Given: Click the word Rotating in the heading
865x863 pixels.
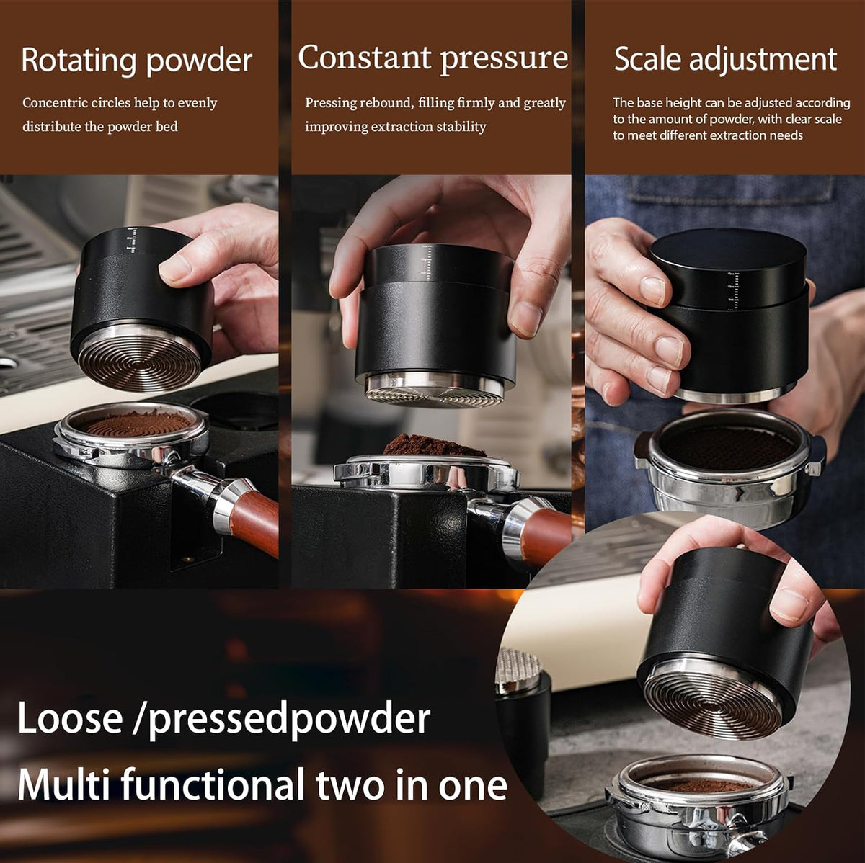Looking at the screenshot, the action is click(x=79, y=61).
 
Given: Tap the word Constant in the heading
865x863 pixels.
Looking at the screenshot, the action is click(x=364, y=58).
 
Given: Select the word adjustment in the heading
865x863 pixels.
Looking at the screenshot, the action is click(x=763, y=60).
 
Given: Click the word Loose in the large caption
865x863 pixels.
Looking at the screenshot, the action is click(x=70, y=718).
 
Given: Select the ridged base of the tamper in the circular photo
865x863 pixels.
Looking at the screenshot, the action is click(x=712, y=701).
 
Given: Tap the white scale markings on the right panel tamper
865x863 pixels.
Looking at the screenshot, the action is click(x=732, y=291).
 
